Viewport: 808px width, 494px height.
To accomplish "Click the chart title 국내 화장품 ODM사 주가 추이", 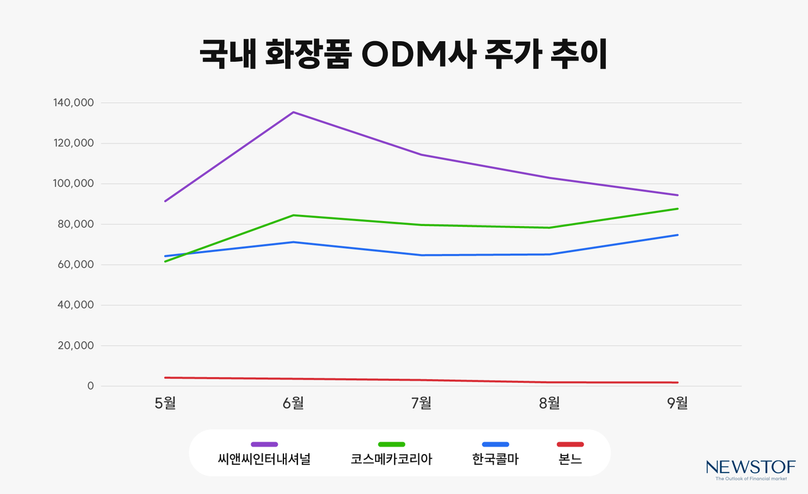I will coord(403,54).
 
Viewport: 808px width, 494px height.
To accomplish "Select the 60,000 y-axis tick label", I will coord(74,265).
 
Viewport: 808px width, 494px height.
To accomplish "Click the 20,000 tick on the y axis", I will coord(74,346).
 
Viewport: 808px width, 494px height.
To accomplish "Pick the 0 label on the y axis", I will coord(90,386).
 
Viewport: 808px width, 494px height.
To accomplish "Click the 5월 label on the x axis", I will coord(165,403).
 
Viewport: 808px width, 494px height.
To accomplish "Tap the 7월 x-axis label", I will coord(422,403).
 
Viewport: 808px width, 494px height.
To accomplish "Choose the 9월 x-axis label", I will coord(677,403).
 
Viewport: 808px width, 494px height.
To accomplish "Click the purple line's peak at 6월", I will coord(294,112).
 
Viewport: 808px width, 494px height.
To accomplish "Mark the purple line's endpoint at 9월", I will coord(677,195).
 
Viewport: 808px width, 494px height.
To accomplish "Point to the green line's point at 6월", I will coord(294,215).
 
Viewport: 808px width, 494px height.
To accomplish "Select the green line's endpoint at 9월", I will coord(677,208).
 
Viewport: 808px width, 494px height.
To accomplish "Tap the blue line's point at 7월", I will coord(422,255).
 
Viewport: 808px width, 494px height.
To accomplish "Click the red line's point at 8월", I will coord(550,382).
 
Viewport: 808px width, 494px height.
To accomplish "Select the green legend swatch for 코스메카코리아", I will coord(391,445).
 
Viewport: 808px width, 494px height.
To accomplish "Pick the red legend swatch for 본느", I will coord(570,445).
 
